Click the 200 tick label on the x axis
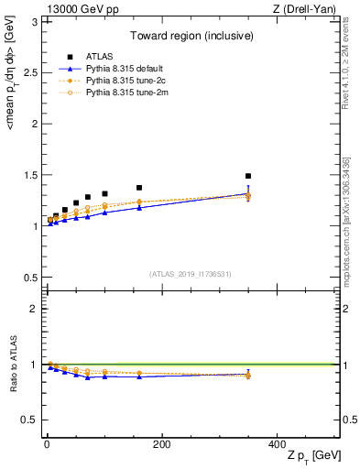pyautogui.click(x=161, y=444)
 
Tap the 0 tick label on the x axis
pyautogui.click(x=47, y=444)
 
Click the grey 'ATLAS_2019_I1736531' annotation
pyautogui.click(x=191, y=274)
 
